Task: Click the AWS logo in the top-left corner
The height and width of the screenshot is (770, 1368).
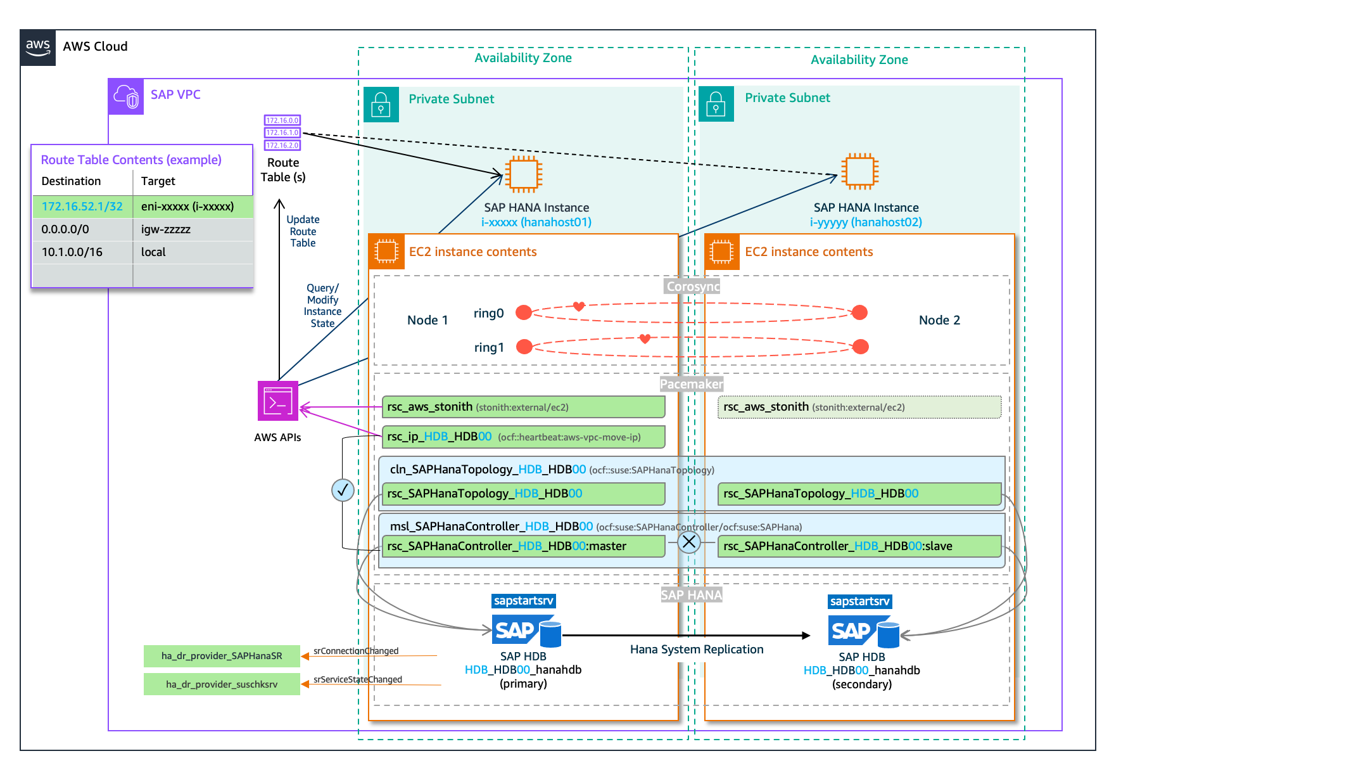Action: tap(37, 48)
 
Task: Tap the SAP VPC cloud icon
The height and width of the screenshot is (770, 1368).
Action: tap(125, 96)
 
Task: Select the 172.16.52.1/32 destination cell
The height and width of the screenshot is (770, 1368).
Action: tap(82, 207)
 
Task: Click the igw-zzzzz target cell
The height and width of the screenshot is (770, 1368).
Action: tap(166, 229)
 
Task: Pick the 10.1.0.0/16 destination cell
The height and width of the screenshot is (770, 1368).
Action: tap(72, 252)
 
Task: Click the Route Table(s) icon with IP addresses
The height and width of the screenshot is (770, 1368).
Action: tap(282, 132)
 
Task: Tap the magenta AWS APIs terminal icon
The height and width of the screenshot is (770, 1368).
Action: tap(277, 401)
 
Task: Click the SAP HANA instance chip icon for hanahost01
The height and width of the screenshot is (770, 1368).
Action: tap(523, 174)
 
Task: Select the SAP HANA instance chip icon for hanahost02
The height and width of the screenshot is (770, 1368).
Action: tap(859, 171)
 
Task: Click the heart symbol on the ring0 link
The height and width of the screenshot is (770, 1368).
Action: tap(579, 306)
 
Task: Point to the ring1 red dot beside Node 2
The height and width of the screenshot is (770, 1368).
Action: tap(860, 347)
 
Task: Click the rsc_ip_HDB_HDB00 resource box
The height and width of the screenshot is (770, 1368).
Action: tap(523, 437)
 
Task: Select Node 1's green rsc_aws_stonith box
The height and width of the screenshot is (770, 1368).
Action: tap(523, 407)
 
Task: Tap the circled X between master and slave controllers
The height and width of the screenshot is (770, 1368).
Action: tap(689, 542)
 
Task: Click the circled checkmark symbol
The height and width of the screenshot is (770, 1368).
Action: tap(343, 490)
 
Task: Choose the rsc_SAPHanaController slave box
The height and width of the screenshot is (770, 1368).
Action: tap(859, 546)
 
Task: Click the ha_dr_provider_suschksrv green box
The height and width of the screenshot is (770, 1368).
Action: tap(222, 684)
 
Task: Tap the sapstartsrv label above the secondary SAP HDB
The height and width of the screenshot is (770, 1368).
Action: tap(859, 601)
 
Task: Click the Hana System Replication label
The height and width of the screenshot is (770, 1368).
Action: tap(697, 650)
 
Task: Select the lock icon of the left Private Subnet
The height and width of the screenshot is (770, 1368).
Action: tap(381, 104)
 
